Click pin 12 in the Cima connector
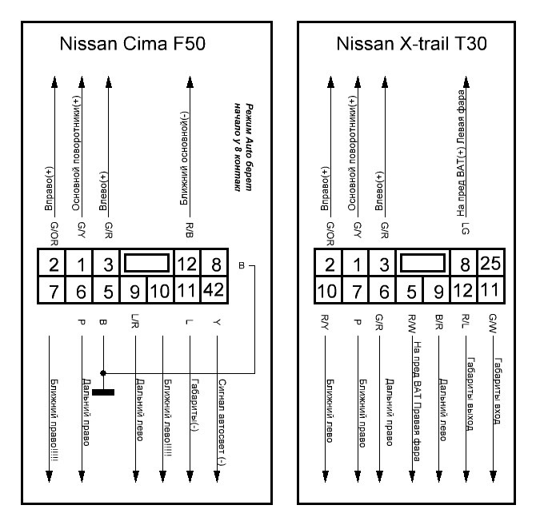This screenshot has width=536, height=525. pyautogui.click(x=190, y=263)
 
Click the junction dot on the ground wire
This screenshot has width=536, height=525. pyautogui.click(x=103, y=372)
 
